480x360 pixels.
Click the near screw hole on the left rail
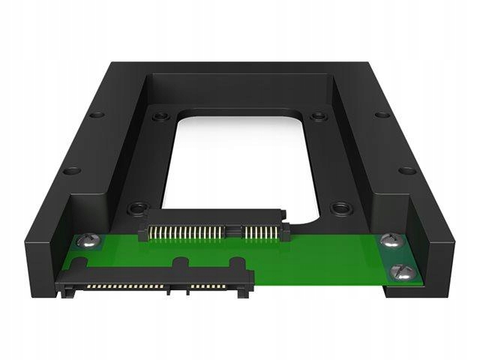coord(72,170)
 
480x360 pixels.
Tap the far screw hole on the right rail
coord(382,115)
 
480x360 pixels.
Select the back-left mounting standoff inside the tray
coord(159,117)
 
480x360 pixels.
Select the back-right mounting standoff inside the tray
coord(319,117)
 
